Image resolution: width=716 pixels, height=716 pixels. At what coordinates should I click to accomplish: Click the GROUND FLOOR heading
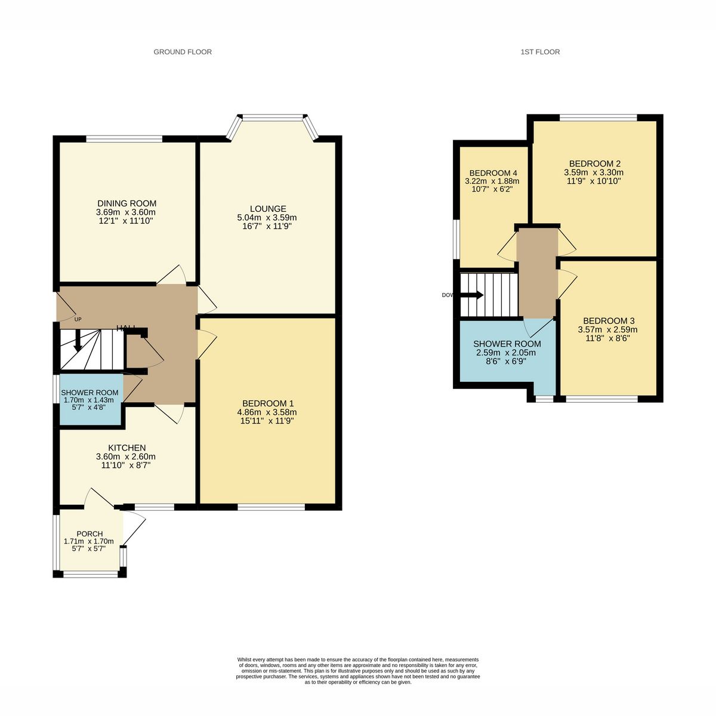(183, 52)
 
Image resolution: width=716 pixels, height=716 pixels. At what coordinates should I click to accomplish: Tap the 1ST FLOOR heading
(540, 52)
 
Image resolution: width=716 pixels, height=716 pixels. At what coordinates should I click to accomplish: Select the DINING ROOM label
(126, 203)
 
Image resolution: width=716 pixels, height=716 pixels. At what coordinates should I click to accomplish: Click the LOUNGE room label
(268, 209)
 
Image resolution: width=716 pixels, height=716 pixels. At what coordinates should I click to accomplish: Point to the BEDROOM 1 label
(267, 403)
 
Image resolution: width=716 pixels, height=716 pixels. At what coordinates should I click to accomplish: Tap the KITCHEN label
(126, 447)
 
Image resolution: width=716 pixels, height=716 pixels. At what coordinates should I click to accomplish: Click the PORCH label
(89, 533)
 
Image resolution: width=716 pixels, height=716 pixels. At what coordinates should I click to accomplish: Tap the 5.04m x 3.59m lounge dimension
(267, 218)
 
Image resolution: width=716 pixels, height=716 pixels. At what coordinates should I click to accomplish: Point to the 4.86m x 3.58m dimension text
(267, 412)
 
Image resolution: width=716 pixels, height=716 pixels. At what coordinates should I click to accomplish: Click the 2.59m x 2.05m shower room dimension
(507, 353)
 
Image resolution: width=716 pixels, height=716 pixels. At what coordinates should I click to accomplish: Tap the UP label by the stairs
(78, 319)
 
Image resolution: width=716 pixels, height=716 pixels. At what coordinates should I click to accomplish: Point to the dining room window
(125, 139)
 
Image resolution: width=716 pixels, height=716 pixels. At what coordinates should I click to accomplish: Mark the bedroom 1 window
(271, 507)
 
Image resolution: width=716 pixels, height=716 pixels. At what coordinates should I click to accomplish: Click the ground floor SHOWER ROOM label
(90, 392)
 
